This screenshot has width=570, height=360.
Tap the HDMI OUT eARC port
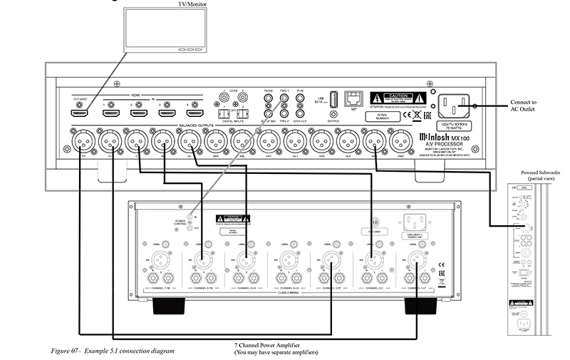click(x=80, y=113)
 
